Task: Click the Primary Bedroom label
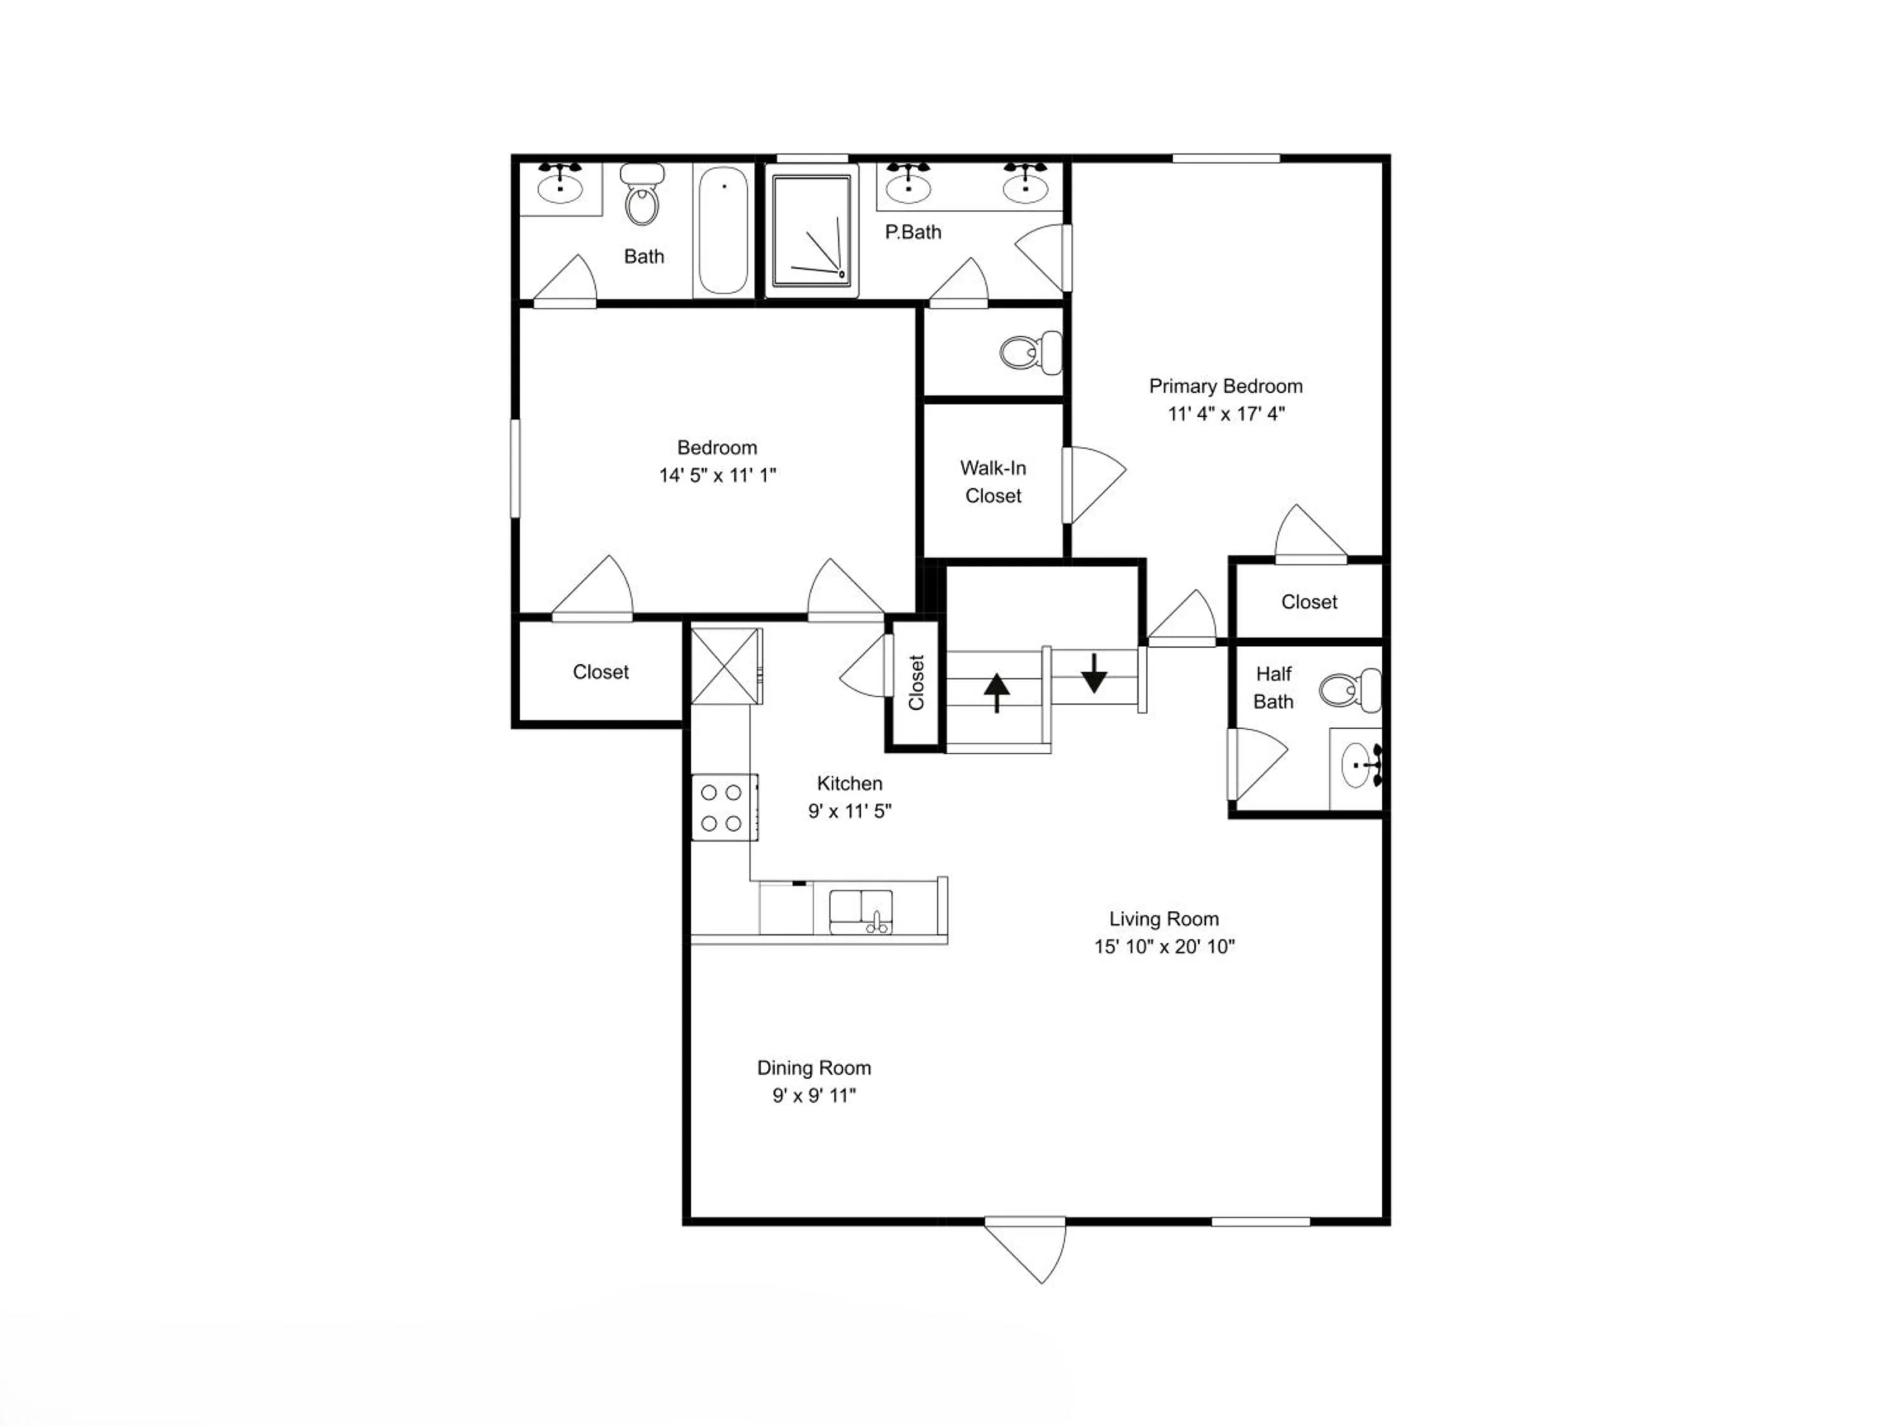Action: point(1226,386)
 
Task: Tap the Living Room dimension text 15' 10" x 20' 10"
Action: point(1164,946)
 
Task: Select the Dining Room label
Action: point(813,1067)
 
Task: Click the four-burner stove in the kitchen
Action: point(724,807)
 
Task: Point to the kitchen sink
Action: point(861,912)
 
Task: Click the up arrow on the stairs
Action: point(997,693)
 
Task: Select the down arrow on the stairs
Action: point(1094,673)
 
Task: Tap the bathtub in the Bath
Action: point(723,229)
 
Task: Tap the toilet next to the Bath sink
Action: point(642,195)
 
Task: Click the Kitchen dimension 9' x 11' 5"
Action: point(850,811)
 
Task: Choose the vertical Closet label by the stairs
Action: point(915,683)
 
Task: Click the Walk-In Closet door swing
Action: point(1094,485)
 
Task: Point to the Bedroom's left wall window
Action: point(515,468)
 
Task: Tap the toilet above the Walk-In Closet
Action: point(1030,352)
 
